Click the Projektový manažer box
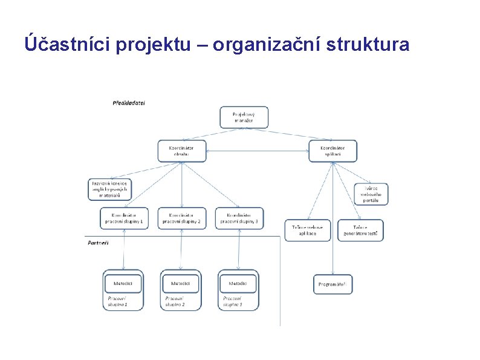tap(243, 117)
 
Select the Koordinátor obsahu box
tap(181, 151)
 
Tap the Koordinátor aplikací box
tap(332, 151)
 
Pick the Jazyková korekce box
tap(110, 189)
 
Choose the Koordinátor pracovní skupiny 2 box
tap(181, 218)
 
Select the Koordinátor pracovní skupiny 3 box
tap(239, 218)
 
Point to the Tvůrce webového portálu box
tap(371, 194)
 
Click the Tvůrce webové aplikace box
tap(308, 230)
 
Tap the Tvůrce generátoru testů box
tap(360, 230)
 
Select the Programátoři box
tap(332, 284)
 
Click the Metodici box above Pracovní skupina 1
tap(123, 283)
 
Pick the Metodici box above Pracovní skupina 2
tap(180, 283)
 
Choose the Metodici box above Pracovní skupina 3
tap(238, 283)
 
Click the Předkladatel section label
tap(129, 103)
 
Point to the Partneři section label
tap(99, 243)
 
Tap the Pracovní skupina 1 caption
tap(118, 301)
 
